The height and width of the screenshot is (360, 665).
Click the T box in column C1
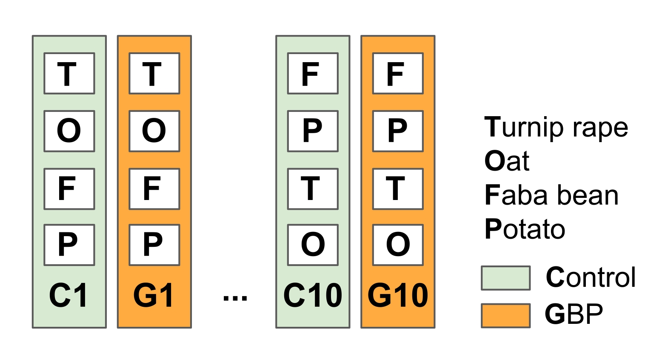(69, 73)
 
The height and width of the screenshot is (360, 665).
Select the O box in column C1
(69, 131)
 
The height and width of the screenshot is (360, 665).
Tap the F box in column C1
(69, 189)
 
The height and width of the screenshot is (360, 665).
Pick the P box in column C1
(69, 245)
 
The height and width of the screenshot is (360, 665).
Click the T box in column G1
(154, 73)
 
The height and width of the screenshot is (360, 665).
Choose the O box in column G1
(154, 131)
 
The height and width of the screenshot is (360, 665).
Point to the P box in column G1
(154, 245)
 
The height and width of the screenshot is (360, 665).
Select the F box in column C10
(313, 73)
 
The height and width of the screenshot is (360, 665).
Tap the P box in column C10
(313, 131)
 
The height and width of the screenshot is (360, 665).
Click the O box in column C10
(313, 245)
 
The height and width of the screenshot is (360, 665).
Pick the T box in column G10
(398, 189)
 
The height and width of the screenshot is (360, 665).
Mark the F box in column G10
(398, 73)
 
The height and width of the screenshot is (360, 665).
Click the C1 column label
(68, 295)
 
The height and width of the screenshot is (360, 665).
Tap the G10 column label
(398, 295)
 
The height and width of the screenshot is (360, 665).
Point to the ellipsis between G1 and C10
(235, 298)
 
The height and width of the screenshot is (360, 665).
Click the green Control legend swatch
(506, 278)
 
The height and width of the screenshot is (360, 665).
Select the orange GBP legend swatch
(506, 315)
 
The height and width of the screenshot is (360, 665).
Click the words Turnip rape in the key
(556, 127)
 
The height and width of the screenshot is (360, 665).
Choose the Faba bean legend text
(551, 195)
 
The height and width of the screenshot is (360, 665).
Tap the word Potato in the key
(525, 229)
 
